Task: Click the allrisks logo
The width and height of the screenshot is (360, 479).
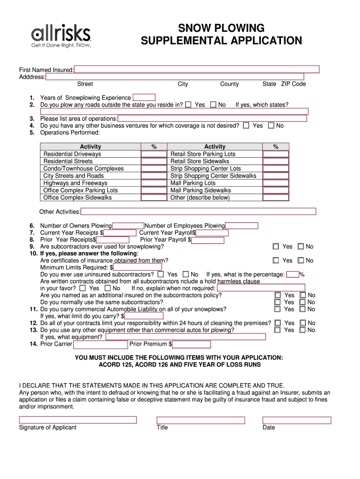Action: tap(61, 36)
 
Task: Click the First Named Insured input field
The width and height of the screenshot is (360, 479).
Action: tap(196, 70)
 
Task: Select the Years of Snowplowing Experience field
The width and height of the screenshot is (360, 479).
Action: tap(144, 98)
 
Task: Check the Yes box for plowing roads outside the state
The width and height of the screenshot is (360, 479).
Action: tap(188, 105)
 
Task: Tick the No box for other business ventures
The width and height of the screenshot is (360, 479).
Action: tap(271, 126)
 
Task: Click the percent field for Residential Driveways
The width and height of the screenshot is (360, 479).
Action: tap(154, 154)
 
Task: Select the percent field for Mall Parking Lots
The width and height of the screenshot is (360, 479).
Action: tap(276, 183)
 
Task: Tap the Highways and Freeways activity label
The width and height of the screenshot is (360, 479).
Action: tap(75, 183)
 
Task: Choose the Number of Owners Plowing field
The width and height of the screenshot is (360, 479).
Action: tap(128, 226)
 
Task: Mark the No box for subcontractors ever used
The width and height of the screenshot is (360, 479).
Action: tap(301, 247)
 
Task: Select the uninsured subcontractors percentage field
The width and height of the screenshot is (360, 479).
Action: tap(293, 275)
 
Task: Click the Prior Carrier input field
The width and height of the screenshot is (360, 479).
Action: tap(101, 344)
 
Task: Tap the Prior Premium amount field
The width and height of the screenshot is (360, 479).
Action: tap(192, 344)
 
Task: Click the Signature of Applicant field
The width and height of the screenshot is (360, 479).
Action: tap(78, 420)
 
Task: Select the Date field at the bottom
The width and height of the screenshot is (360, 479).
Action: tap(296, 420)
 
